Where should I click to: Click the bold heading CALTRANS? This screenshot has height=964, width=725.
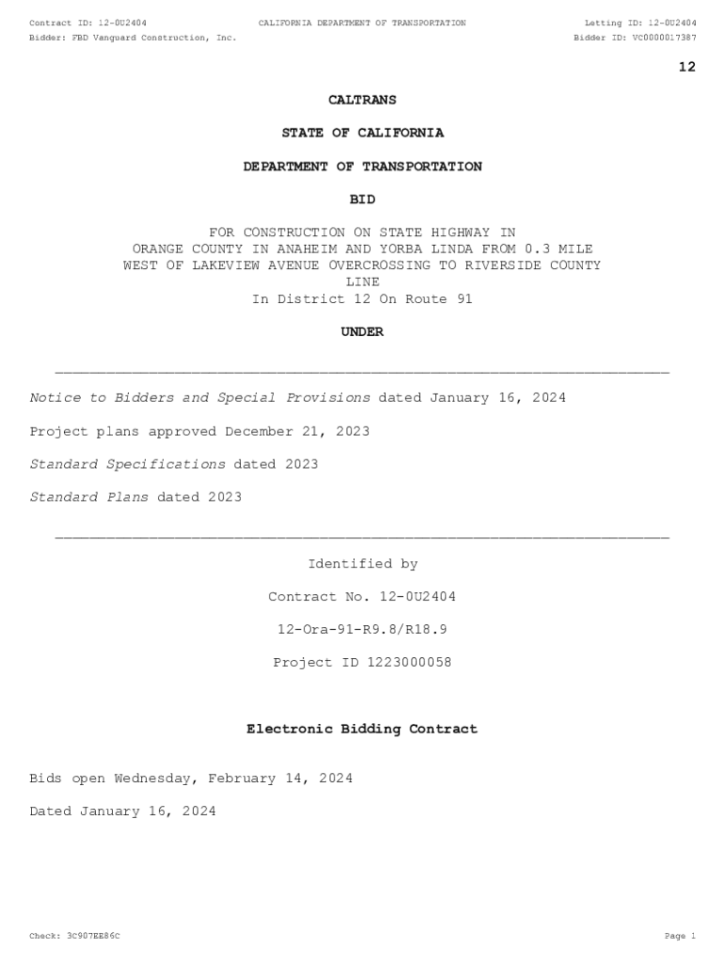click(x=362, y=100)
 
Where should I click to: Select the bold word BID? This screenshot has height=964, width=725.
click(x=362, y=200)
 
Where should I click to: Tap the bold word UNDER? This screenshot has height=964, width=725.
click(x=362, y=332)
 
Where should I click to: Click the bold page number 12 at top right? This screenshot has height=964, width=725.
click(x=687, y=67)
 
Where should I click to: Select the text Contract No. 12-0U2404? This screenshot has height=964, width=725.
click(x=362, y=597)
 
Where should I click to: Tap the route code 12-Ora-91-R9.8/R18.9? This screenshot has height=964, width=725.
click(x=362, y=630)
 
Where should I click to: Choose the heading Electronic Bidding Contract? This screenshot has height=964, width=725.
click(x=362, y=730)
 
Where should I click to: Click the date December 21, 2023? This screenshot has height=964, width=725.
click(x=298, y=431)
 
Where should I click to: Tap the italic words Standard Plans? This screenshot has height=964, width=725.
click(x=89, y=497)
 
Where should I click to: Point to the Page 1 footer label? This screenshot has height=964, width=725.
click(x=679, y=937)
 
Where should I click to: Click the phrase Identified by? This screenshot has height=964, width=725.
click(x=362, y=564)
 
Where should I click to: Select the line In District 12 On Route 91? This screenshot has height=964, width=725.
click(x=362, y=299)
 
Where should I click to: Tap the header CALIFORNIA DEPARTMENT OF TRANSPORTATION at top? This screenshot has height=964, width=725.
click(x=362, y=23)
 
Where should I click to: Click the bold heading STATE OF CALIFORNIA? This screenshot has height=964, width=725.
click(x=362, y=134)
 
